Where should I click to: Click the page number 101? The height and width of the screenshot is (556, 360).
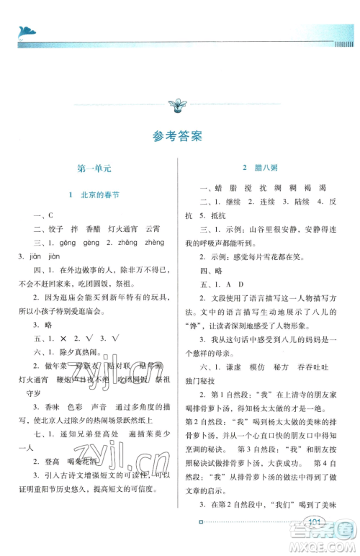point(314,542)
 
